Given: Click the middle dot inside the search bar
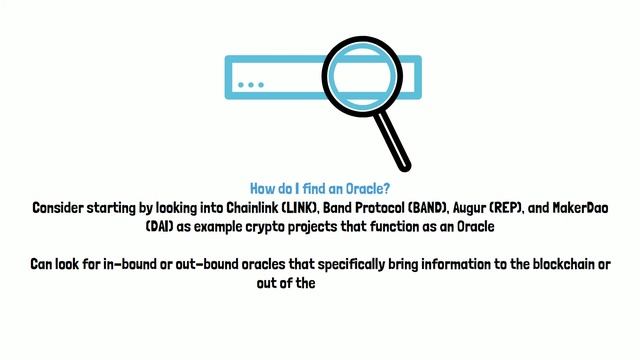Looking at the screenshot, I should click(251, 85).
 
